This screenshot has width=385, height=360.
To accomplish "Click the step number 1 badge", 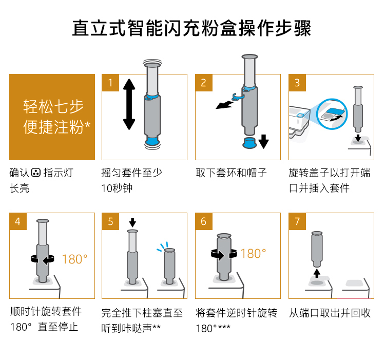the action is pos(110,83).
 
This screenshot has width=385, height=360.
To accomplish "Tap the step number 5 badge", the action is pos(110,221).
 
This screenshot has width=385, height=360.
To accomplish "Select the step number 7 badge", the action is pos(297,221).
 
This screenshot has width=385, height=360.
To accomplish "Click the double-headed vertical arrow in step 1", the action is pos(129,104).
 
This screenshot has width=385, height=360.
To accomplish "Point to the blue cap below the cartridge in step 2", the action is pos(249,143).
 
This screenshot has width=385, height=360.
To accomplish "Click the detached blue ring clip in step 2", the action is pos(238,97).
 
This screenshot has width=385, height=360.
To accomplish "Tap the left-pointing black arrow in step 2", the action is pos(224,105).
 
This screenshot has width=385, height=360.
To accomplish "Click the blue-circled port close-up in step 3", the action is pos(332,113).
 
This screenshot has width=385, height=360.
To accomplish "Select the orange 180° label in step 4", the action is pos(74,259).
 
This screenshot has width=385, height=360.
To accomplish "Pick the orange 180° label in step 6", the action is pos(253,254).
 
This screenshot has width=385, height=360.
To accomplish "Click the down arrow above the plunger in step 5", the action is pos(132,222).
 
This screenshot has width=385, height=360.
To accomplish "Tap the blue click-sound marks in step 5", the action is pos(163,247).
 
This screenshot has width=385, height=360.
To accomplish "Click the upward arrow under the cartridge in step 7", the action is pos(317,273).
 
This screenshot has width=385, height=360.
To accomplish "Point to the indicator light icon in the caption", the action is pos(35,173).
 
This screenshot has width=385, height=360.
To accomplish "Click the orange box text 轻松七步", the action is pos(53,106).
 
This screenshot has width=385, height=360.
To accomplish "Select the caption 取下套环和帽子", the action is pos(232,173).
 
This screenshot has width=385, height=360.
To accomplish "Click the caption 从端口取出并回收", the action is pos(330,313).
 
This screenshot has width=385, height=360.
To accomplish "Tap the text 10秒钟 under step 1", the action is pos(117,188).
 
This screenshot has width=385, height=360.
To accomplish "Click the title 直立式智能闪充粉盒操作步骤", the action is pos(192,28).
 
